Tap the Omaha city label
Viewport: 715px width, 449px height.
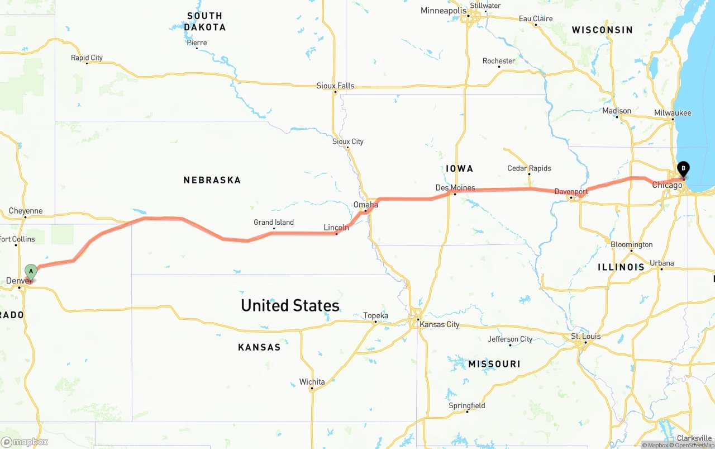pos(366,205)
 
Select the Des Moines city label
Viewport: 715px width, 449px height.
pos(455,187)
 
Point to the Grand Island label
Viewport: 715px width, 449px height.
pos(274,222)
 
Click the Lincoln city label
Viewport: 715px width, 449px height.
pos(336,228)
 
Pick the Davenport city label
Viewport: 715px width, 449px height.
pos(571,192)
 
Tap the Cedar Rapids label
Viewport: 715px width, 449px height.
pos(529,168)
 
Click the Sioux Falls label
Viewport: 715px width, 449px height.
pos(335,86)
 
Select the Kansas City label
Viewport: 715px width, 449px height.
pos(440,324)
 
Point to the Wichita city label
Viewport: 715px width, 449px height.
pos(312,382)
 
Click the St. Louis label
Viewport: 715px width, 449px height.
pos(585,336)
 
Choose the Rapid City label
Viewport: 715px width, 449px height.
pos(87,58)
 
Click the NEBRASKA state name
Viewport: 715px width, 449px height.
pos(212,180)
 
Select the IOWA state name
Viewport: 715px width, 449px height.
pos(460,168)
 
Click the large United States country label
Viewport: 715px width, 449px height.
pos(290,305)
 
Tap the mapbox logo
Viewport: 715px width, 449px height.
pos(25,442)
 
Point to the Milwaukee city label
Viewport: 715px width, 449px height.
pos(673,113)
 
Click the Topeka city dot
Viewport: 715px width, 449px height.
pos(376,322)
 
